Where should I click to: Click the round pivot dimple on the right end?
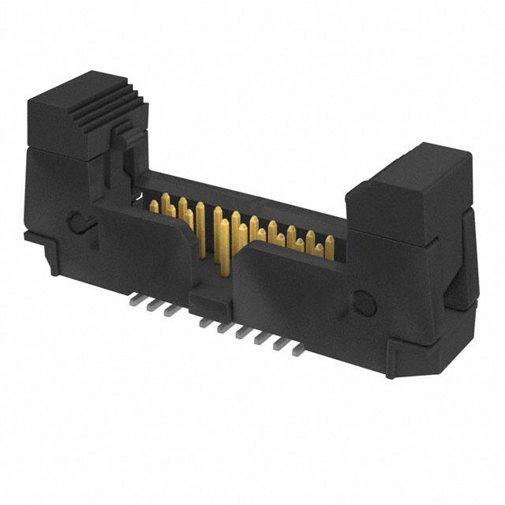(364, 301)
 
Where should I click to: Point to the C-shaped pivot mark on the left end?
(77, 222)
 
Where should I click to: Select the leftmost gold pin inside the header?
(155, 207)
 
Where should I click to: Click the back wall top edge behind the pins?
(245, 193)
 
